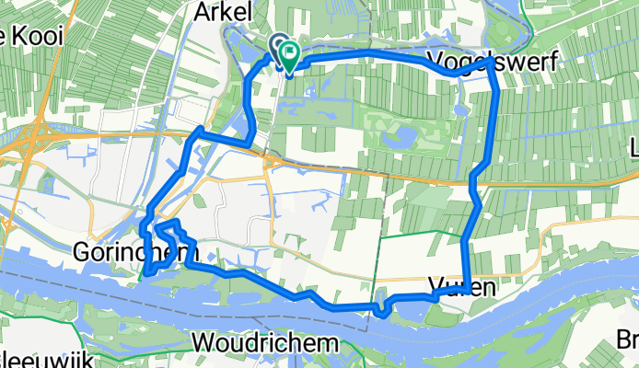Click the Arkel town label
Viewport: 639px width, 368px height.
(219, 12)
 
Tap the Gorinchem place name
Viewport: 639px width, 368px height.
(122, 251)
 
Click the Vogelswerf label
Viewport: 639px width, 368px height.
(482, 63)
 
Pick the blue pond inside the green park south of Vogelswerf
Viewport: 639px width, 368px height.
(402, 138)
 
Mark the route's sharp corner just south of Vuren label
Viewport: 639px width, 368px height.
(467, 292)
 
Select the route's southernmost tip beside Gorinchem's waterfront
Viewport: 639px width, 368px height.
(147, 272)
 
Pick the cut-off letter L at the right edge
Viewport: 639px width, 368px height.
(633, 148)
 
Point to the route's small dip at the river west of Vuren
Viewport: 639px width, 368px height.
(379, 311)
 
